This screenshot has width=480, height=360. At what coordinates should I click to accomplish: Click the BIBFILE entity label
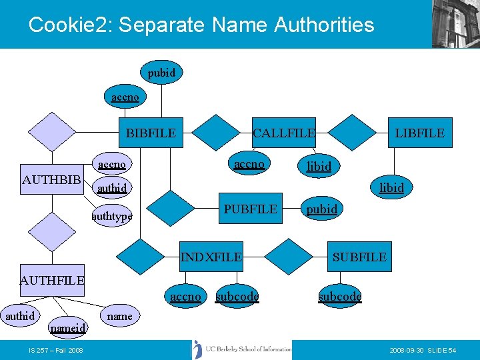click(x=151, y=133)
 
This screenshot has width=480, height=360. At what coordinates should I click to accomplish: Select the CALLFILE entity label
click(x=283, y=133)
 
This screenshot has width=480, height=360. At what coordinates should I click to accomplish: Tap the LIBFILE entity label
click(x=419, y=133)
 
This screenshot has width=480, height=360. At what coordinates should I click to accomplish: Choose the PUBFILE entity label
click(x=250, y=209)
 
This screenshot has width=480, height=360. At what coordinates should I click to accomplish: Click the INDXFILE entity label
click(x=211, y=257)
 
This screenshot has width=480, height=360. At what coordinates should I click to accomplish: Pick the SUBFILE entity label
click(x=359, y=257)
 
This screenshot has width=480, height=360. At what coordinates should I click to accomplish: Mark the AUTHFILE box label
click(x=52, y=281)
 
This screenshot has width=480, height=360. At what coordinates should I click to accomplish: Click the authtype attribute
click(x=112, y=216)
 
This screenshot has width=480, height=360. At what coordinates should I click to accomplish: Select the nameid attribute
click(x=68, y=328)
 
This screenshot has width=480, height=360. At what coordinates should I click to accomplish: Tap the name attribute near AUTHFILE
click(x=119, y=316)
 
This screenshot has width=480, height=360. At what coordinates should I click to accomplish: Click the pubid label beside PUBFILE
click(x=321, y=209)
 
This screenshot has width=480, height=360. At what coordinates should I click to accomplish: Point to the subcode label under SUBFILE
click(x=339, y=296)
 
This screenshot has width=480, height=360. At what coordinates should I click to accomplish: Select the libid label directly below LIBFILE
click(x=391, y=188)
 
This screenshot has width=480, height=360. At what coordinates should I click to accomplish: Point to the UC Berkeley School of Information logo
click(x=243, y=349)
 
